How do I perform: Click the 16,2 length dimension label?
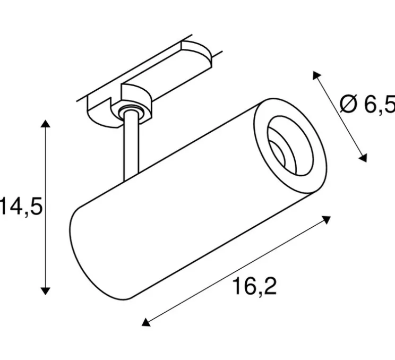[254, 287]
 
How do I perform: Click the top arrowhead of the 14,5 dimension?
[46, 125]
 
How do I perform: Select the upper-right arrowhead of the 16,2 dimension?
[328, 219]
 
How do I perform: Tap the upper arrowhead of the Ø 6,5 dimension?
[316, 75]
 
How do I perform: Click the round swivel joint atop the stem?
[129, 110]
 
